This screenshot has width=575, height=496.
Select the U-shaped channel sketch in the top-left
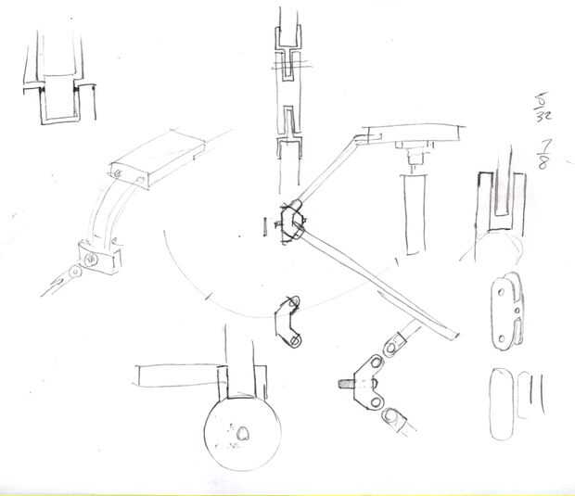point(56,83)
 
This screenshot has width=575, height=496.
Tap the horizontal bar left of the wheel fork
point(176,376)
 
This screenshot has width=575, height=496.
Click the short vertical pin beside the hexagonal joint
point(264,225)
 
